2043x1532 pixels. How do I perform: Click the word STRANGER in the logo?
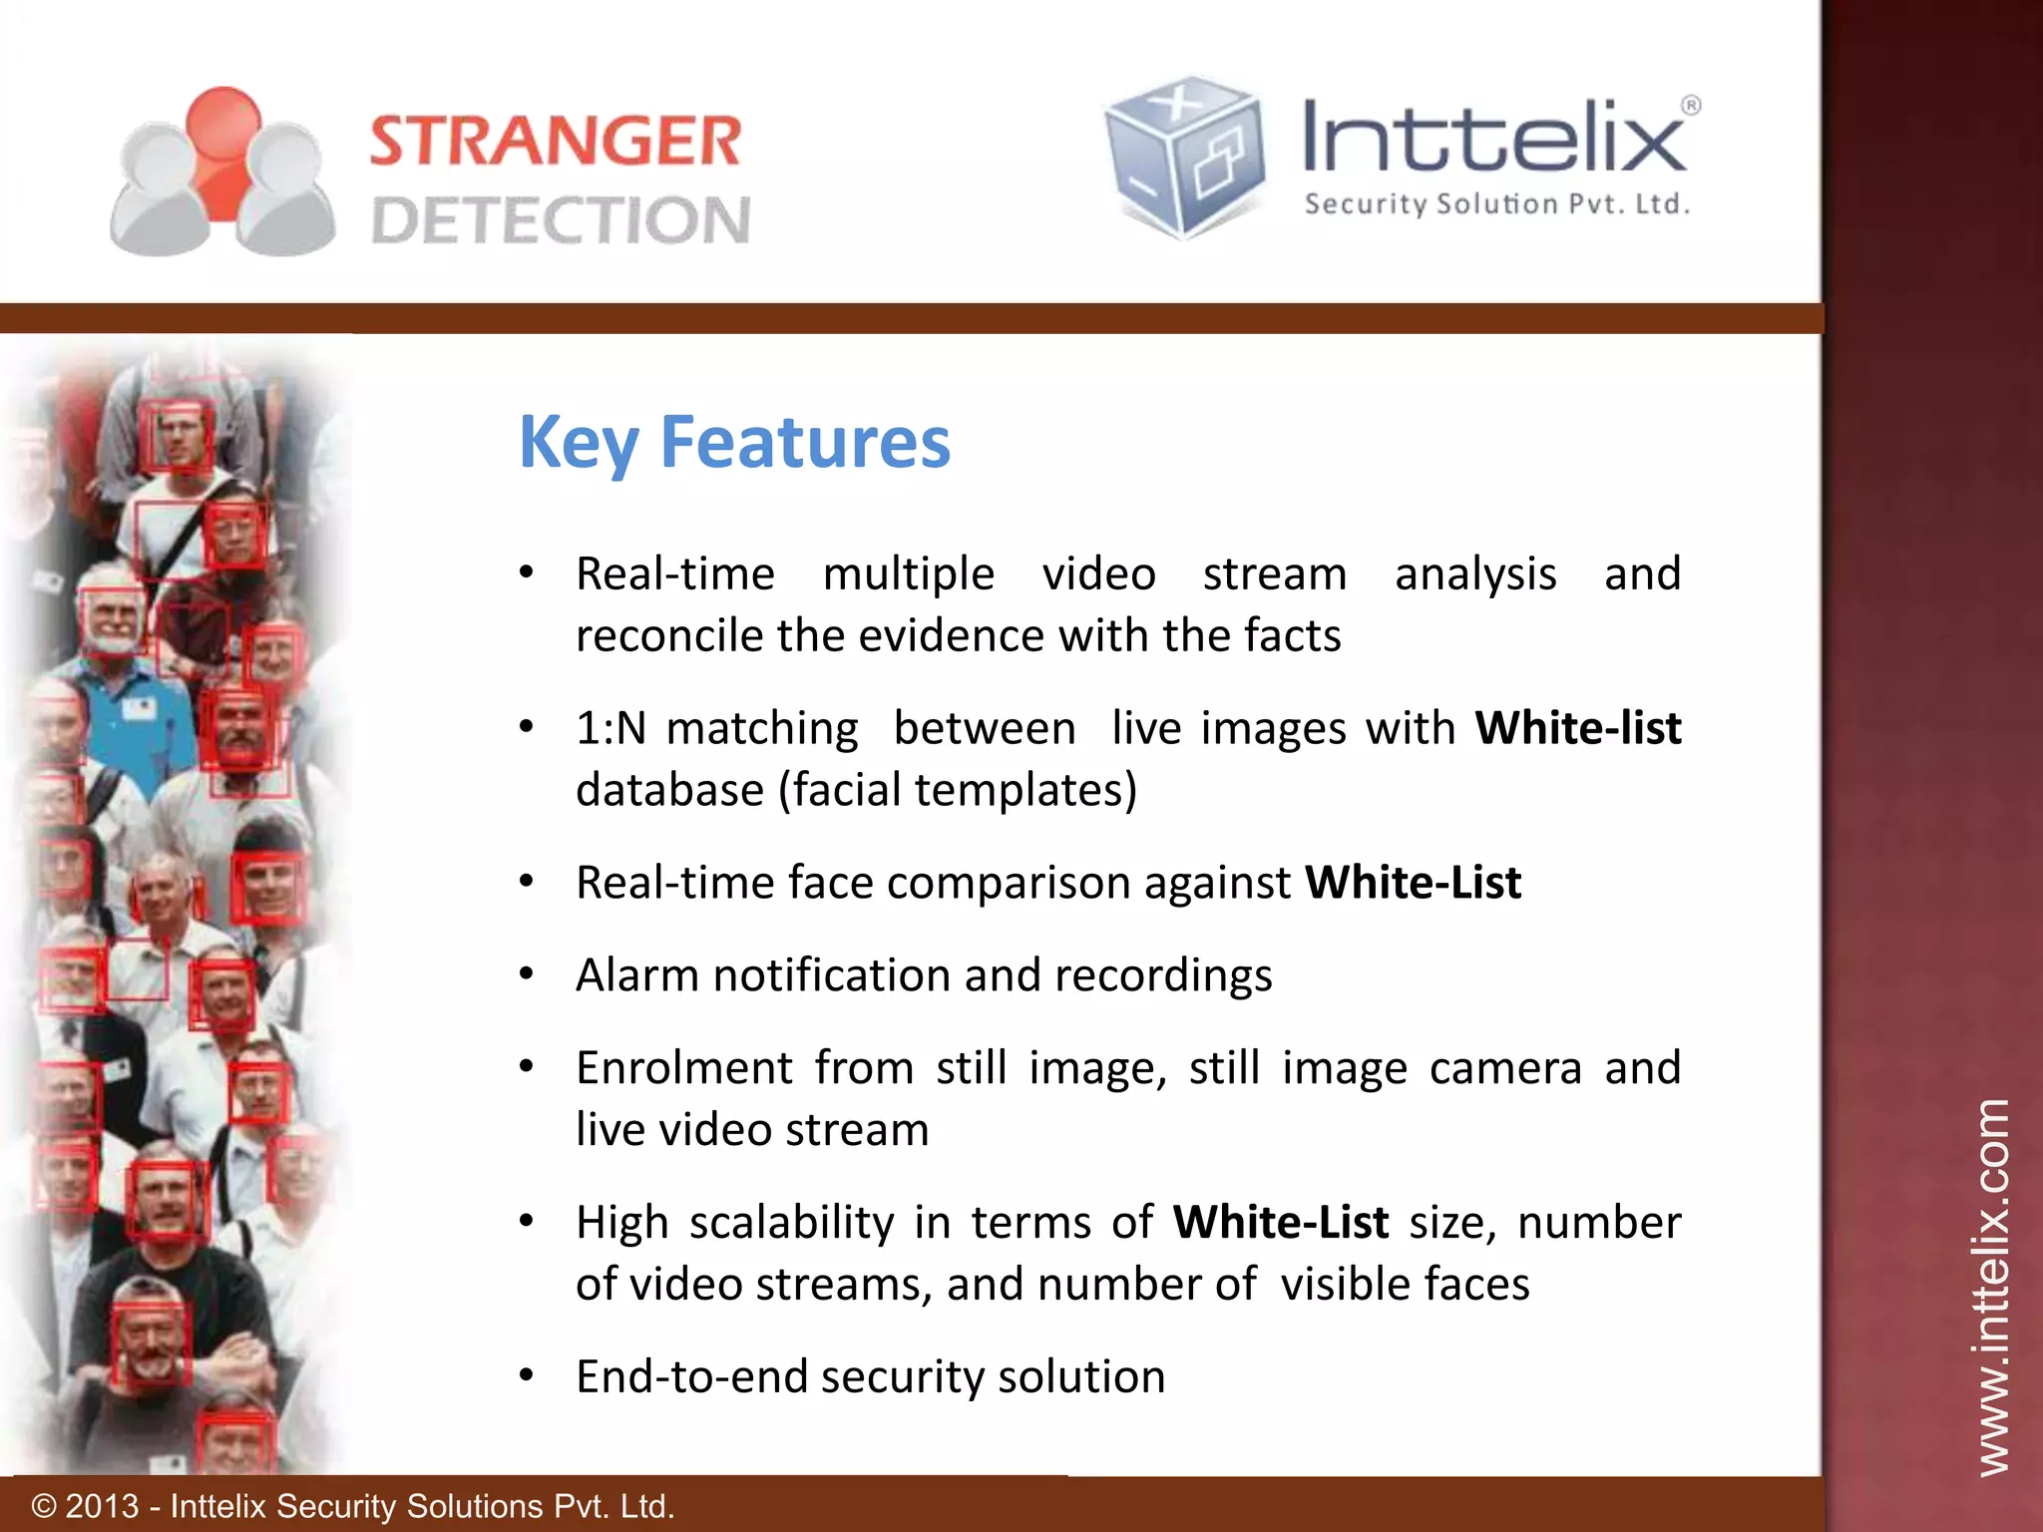556,141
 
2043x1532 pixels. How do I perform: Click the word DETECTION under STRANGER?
561,220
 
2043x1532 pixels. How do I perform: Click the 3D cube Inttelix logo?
1184,157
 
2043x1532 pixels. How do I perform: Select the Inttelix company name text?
1493,139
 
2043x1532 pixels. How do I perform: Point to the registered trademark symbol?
1691,105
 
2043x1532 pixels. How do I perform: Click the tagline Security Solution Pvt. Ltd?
1496,204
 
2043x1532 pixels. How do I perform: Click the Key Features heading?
734,442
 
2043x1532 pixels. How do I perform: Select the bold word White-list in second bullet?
1578,727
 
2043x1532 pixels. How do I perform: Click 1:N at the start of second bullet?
611,728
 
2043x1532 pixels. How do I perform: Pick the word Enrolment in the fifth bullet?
683,1068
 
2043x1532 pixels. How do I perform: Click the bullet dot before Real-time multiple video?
527,573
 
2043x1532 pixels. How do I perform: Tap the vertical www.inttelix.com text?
1992,1287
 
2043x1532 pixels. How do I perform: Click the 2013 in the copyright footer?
102,1506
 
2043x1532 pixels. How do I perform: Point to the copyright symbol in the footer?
44,1506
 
